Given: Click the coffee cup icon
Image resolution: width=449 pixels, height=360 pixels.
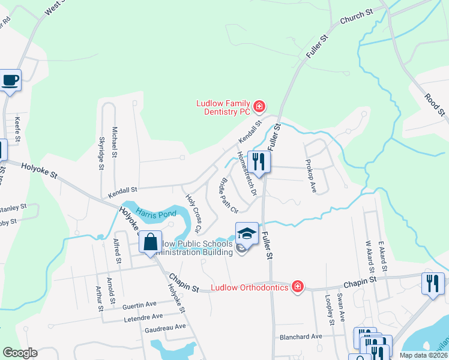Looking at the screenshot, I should tap(10, 80).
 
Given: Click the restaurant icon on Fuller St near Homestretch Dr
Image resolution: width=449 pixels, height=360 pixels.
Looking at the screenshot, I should tap(259, 162).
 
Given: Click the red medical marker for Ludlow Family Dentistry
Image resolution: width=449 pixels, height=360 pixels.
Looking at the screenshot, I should tap(259, 107).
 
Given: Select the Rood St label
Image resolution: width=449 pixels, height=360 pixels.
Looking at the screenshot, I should tap(435, 104).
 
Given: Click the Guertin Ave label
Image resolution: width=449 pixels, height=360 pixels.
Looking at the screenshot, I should tap(139, 305).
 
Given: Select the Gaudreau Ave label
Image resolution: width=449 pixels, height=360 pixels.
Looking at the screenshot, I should tap(166, 328).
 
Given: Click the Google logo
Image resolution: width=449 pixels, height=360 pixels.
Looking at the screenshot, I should tap(20, 353).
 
